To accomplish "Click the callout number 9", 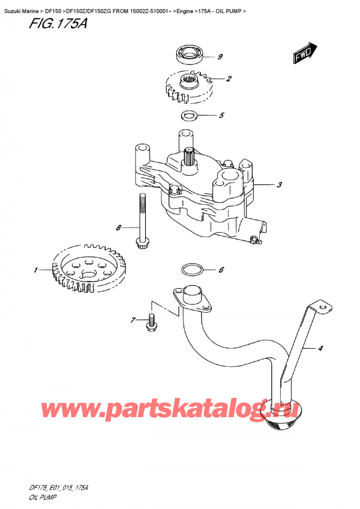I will click(220, 58).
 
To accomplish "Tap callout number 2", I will click(229, 79).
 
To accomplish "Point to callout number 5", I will click(221, 115).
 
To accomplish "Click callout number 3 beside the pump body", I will click(279, 185).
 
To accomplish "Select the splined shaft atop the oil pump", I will click(191, 157).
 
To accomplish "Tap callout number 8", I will click(119, 227).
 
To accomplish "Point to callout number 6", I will click(221, 270).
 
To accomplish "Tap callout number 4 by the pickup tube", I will click(320, 348).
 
